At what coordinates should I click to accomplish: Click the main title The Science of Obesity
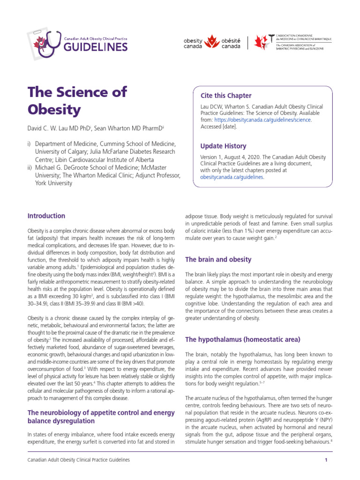point(77,100)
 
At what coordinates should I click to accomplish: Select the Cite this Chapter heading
point(226,96)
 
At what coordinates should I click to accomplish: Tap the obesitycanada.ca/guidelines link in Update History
point(232,177)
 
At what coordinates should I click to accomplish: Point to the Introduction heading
point(46,216)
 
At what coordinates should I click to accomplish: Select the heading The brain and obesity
point(218,259)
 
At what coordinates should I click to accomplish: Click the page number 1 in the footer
point(326,460)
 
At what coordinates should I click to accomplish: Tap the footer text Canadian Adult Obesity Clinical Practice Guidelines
point(79,460)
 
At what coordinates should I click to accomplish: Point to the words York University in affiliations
point(54,183)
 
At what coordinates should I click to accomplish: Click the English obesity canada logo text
point(193,44)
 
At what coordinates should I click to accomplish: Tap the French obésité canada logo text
point(231,44)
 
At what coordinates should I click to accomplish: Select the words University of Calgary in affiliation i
point(60,151)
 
